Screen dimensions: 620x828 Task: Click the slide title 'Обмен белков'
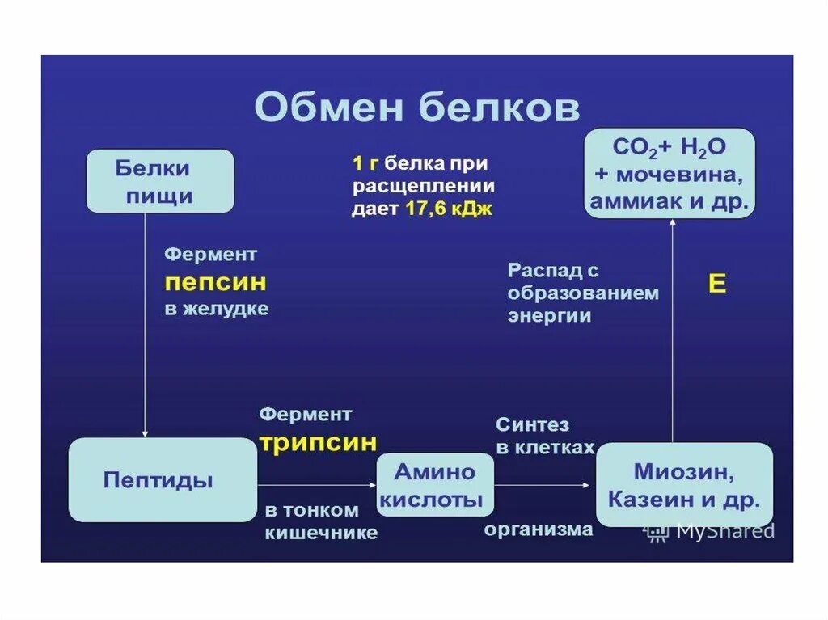pyautogui.click(x=416, y=108)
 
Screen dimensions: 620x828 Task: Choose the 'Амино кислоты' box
pyautogui.click(x=436, y=485)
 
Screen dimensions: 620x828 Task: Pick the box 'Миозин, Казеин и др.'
pyautogui.click(x=684, y=485)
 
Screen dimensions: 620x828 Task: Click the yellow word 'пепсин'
pyautogui.click(x=215, y=284)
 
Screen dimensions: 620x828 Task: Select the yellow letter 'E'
pyautogui.click(x=716, y=284)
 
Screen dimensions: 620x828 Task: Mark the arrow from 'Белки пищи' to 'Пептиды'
pyautogui.click(x=145, y=323)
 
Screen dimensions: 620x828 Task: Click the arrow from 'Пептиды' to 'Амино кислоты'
pyautogui.click(x=316, y=485)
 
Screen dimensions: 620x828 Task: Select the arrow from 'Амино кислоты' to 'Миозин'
pyautogui.click(x=544, y=485)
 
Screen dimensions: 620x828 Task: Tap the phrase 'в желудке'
pyautogui.click(x=217, y=310)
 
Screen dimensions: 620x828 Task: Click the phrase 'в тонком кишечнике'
pyautogui.click(x=320, y=521)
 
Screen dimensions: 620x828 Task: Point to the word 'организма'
pyautogui.click(x=539, y=529)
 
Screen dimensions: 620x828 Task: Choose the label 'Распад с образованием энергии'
pyautogui.click(x=582, y=293)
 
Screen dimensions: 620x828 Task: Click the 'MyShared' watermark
pyautogui.click(x=710, y=531)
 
